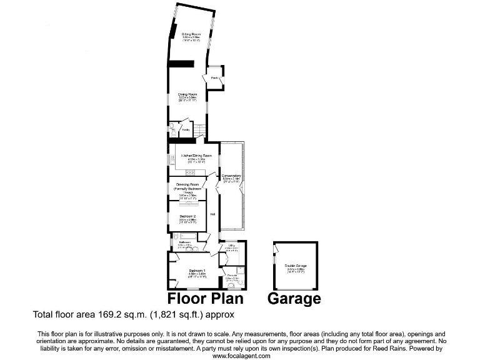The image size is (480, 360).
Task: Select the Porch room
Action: (x=214, y=78)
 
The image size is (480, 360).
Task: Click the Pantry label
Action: (x=186, y=130)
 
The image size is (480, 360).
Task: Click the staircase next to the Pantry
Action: (x=199, y=130)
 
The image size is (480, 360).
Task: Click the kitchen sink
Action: (x=170, y=161)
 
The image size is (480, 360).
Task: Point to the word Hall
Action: (x=213, y=214)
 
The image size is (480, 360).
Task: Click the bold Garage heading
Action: (x=294, y=299)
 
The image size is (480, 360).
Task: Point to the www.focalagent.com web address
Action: (x=242, y=356)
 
